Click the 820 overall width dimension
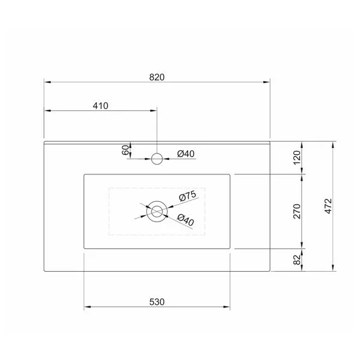(156, 76)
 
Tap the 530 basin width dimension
(156, 301)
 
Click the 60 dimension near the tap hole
(126, 150)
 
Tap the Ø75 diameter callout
(187, 196)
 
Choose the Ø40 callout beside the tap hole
(186, 154)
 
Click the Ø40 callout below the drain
(186, 221)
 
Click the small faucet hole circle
(157, 158)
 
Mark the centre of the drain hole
(158, 211)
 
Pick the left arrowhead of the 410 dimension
(48, 111)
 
